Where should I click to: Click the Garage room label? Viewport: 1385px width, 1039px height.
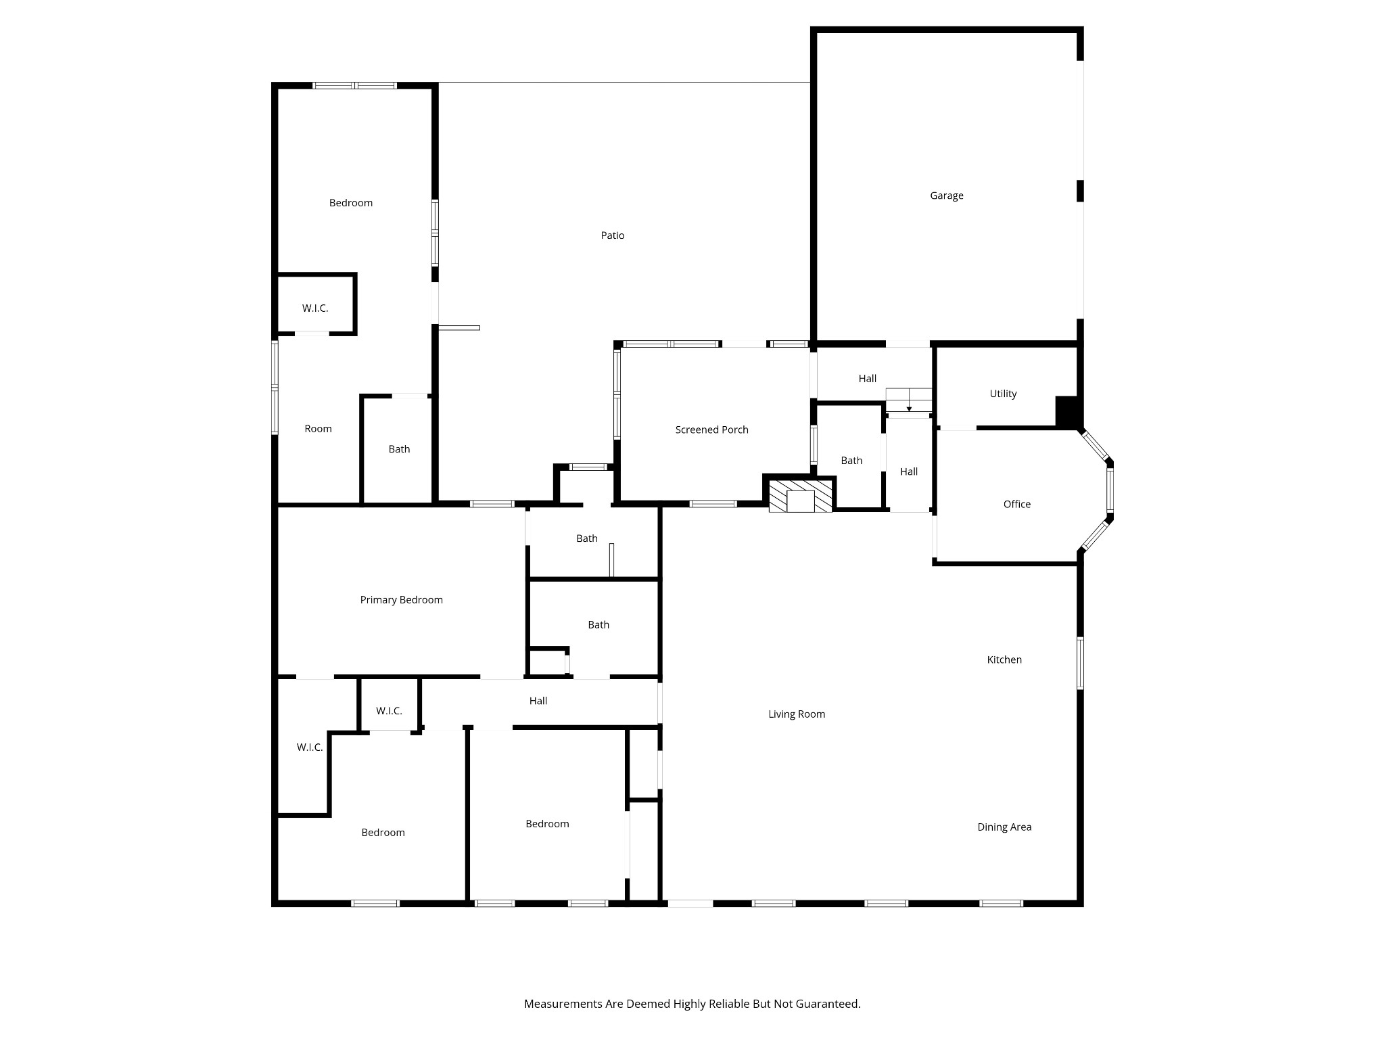[x=946, y=195]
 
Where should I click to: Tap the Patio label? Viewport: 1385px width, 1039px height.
[x=613, y=235]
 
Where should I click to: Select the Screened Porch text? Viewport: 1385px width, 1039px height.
[x=711, y=430]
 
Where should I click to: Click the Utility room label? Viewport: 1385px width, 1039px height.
[x=1003, y=394]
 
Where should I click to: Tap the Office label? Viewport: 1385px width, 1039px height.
[x=1016, y=504]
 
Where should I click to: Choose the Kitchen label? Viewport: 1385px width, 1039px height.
[x=1004, y=660]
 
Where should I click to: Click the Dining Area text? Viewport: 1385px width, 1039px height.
[x=1004, y=827]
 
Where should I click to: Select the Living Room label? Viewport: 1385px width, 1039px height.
[x=797, y=714]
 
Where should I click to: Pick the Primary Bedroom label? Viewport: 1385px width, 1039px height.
[x=401, y=599]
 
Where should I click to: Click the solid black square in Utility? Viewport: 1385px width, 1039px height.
[x=1067, y=411]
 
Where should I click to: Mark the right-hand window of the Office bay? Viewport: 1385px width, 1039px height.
[x=1110, y=490]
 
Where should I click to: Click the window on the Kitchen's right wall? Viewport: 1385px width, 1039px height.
[x=1080, y=663]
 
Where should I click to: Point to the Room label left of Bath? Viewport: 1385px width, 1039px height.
[x=318, y=428]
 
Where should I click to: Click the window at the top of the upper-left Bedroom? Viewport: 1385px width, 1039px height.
[x=354, y=86]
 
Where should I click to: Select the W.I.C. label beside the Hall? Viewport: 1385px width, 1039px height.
[x=389, y=711]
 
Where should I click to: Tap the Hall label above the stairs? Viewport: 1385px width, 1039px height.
[x=867, y=379]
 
